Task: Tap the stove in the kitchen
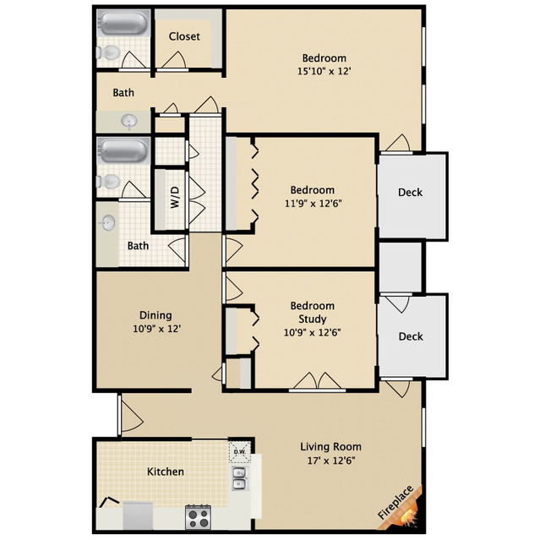tap(199, 517)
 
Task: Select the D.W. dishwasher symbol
tap(240, 452)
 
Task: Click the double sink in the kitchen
tap(239, 478)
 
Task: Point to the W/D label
tap(175, 197)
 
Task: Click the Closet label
tap(184, 36)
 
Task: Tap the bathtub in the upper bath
tap(123, 23)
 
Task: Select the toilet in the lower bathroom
tap(108, 181)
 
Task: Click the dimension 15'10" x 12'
tap(324, 71)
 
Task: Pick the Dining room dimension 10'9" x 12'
tap(157, 329)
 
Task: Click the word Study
tap(313, 319)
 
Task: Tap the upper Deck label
tap(410, 192)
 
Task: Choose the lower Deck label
tap(411, 336)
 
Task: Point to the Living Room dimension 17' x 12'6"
tap(331, 461)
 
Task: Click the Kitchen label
tap(166, 472)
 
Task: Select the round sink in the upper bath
tap(129, 121)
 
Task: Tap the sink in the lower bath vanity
tap(108, 223)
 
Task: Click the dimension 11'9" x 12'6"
tap(313, 204)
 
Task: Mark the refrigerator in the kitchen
tap(138, 515)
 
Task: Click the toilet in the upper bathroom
tap(108, 52)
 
